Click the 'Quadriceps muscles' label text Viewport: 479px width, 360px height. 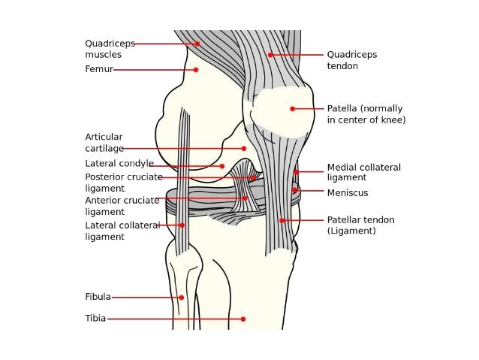point(110,49)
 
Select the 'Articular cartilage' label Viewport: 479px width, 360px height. point(104,143)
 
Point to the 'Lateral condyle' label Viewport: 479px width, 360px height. point(119,163)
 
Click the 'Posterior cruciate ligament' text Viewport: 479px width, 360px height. point(123,183)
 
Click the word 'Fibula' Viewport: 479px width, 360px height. point(98,297)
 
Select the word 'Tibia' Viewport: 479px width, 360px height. point(95,319)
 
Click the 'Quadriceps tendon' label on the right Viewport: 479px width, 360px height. point(351,60)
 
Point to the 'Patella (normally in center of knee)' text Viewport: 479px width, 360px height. point(366,114)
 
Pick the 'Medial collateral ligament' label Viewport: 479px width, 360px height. point(363,172)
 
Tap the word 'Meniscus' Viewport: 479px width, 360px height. point(348,192)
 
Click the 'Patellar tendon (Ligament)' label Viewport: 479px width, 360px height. point(360,225)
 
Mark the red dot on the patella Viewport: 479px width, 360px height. point(292,109)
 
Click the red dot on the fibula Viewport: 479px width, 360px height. point(181,297)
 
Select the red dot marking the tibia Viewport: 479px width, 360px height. point(243,319)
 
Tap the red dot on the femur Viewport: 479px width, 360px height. point(196,70)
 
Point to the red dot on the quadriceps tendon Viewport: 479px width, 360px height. point(270,55)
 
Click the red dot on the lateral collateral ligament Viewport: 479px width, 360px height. point(182,225)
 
